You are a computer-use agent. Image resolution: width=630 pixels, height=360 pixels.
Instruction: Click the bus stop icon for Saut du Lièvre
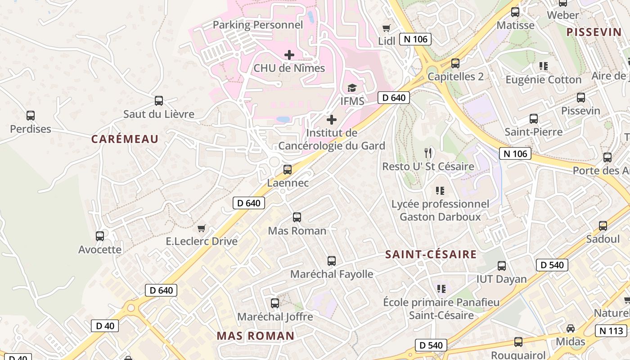click(158, 101)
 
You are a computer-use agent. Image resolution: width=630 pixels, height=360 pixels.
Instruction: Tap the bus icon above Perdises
click(31, 116)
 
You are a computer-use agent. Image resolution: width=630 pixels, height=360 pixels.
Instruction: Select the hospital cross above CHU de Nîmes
click(289, 55)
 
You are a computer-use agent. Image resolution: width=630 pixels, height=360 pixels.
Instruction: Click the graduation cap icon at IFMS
click(352, 88)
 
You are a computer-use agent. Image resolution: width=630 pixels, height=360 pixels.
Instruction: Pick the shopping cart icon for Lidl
click(386, 28)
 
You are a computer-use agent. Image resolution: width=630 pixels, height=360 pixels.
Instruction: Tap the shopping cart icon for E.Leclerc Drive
click(202, 228)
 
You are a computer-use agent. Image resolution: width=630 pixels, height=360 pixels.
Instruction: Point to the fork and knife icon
click(428, 153)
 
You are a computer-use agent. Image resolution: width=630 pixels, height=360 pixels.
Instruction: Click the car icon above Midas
click(571, 328)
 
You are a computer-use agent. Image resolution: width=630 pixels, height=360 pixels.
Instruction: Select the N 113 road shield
click(611, 331)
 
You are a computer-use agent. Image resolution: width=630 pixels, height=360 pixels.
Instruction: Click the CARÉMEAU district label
click(125, 139)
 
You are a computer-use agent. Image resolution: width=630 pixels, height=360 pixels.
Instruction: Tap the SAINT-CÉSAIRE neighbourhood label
click(431, 255)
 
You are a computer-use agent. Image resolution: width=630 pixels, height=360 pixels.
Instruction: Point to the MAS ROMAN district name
click(256, 336)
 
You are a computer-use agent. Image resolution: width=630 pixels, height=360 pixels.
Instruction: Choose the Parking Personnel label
click(258, 25)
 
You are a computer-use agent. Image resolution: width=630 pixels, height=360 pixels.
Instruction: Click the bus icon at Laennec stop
click(288, 170)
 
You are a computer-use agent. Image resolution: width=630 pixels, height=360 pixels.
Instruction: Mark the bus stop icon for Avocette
click(100, 236)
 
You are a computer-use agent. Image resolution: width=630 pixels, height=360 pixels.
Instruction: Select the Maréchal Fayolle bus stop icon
click(332, 261)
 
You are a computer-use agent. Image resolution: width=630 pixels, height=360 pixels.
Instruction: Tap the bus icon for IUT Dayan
click(502, 265)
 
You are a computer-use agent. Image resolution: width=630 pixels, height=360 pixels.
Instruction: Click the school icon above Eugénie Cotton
click(544, 66)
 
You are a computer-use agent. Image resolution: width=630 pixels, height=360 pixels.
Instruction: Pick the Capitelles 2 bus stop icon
click(455, 63)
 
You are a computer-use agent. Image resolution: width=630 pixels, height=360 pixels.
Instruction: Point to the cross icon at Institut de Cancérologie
click(332, 120)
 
